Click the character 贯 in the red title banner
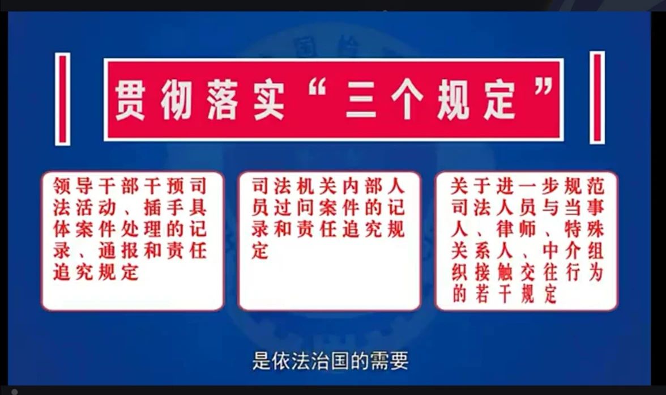pyautogui.click(x=130, y=101)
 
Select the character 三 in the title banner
pyautogui.click(x=361, y=101)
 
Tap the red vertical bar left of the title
pyautogui.click(x=63, y=99)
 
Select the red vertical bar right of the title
pyautogui.click(x=597, y=98)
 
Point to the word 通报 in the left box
pyautogui.click(x=118, y=251)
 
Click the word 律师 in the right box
pyautogui.click(x=516, y=230)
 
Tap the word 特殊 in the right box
pyautogui.click(x=584, y=230)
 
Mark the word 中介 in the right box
pyautogui.click(x=562, y=251)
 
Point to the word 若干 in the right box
pyautogui.click(x=494, y=294)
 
